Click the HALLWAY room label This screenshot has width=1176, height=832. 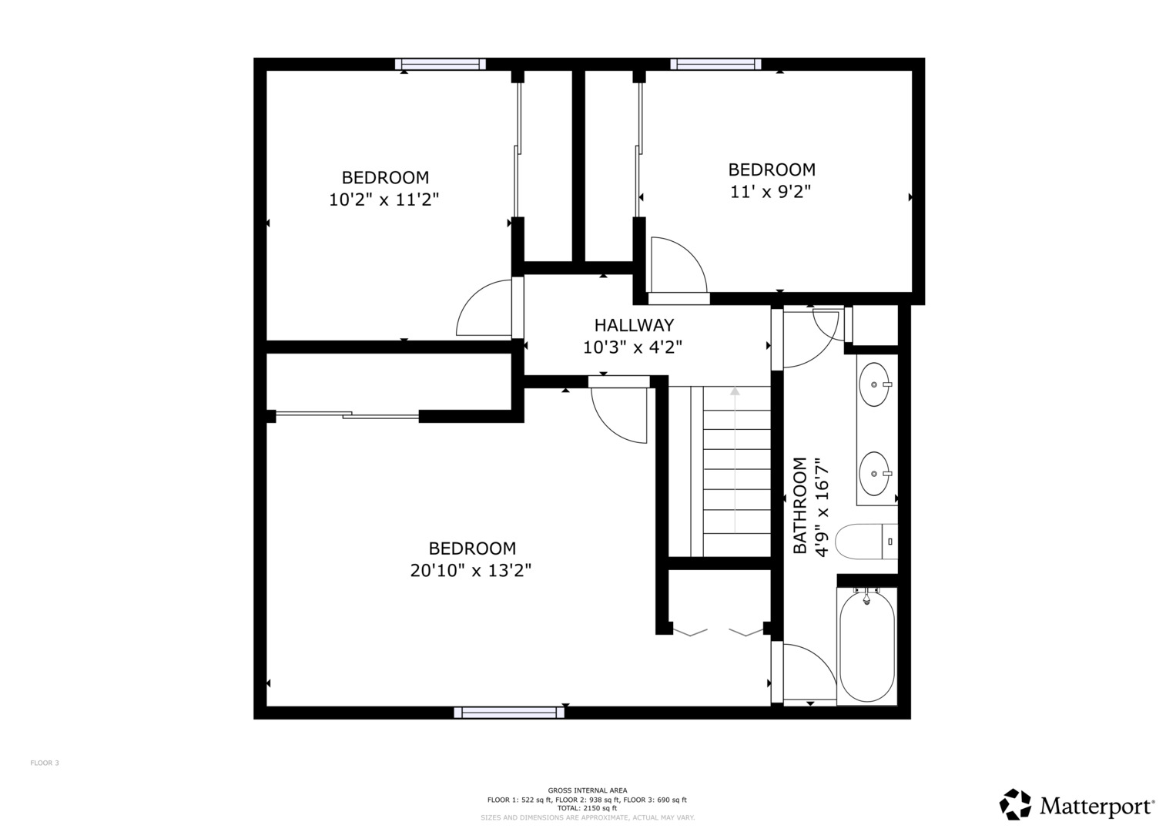point(634,325)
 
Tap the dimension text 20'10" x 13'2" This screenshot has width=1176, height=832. point(471,571)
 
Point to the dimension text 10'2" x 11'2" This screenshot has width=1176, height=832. point(384,200)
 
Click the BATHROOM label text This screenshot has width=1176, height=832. point(800,505)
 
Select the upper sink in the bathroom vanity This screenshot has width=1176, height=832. point(874,384)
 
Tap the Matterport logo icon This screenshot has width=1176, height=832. point(1015,804)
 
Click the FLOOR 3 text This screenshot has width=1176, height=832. point(45,763)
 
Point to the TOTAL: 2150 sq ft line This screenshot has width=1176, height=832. point(587,808)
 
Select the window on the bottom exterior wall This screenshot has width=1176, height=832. point(509,713)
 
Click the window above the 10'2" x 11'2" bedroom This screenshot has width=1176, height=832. point(441,65)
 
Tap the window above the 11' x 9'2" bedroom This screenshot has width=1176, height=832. point(715,65)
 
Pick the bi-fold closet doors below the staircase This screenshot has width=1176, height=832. point(718,632)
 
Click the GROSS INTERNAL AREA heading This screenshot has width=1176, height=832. point(587,790)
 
